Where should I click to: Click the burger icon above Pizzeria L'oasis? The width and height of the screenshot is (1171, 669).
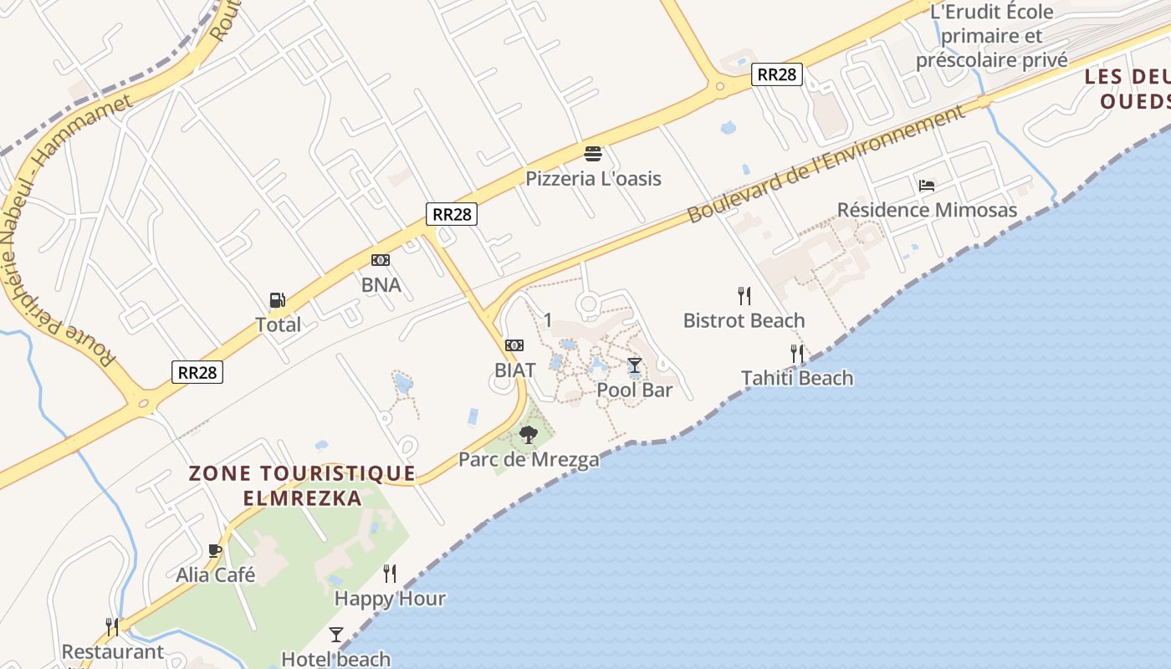[593, 154]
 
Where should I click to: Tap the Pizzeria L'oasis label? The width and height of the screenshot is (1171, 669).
[593, 178]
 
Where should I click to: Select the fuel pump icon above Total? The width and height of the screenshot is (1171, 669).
[277, 300]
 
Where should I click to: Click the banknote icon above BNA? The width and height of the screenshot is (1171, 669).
[381, 260]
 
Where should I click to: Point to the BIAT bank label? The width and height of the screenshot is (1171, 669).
[514, 369]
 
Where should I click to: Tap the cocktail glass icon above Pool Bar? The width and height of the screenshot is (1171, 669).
[635, 365]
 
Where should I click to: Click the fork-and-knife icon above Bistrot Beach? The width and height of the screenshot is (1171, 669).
[744, 295]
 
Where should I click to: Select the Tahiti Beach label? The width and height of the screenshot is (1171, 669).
[797, 378]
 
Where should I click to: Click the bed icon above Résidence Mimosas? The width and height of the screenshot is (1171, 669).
[926, 186]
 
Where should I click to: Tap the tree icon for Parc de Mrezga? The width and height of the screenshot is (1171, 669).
[528, 434]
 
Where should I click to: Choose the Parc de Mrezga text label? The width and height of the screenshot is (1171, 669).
[529, 459]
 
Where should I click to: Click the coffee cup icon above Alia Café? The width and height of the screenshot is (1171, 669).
[215, 550]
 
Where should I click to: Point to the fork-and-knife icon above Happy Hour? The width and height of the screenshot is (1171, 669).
[390, 574]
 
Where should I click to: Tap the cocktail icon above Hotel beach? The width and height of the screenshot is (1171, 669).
[336, 635]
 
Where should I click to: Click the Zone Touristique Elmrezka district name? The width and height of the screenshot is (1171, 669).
[302, 485]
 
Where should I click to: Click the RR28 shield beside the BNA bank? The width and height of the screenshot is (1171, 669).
[453, 214]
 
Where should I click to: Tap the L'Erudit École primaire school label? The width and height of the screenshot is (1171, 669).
[991, 36]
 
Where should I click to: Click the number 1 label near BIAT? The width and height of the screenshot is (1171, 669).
[548, 319]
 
